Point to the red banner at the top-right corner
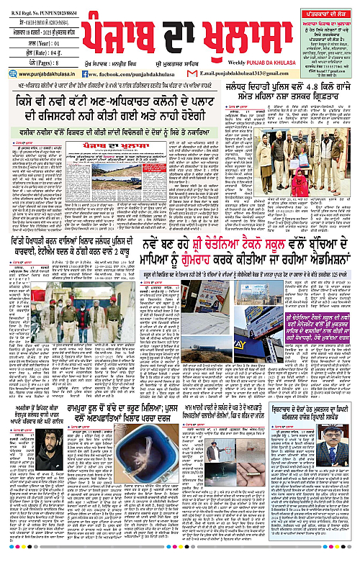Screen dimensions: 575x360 pos(324,6)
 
